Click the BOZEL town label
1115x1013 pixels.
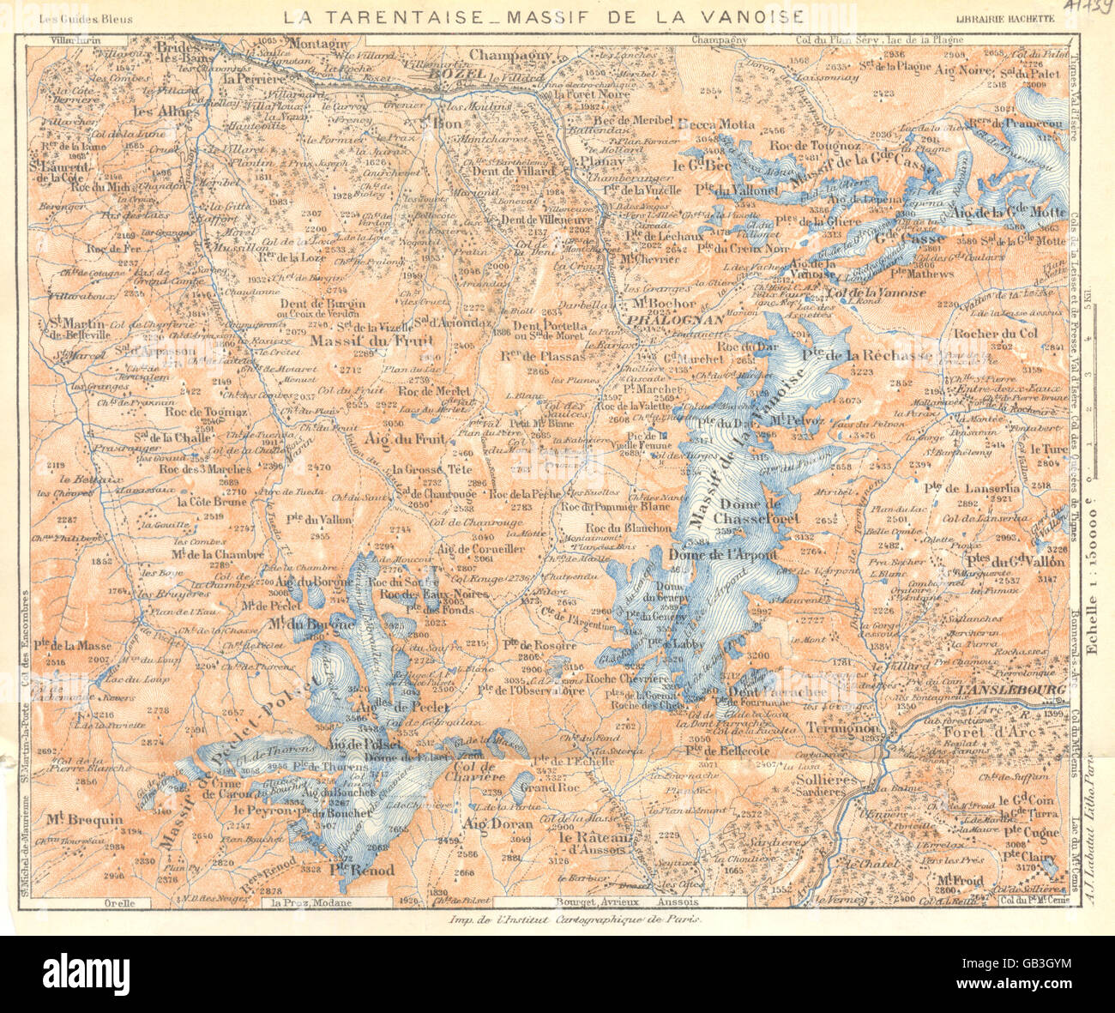coord(449,75)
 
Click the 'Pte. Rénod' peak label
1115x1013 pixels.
coord(361,870)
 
